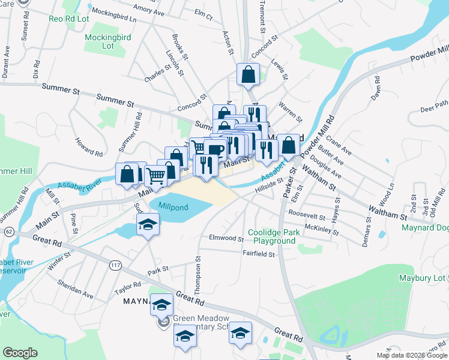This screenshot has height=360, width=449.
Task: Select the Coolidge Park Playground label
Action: [x=274, y=236]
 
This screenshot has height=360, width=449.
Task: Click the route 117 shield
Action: [x=115, y=264]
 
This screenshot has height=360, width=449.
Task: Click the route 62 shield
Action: [x=8, y=230]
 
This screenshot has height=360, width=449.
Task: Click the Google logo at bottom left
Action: [x=20, y=353]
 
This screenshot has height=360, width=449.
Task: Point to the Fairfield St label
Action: [x=259, y=254]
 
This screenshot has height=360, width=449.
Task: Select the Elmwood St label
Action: [x=226, y=238]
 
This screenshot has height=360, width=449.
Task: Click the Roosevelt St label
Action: [x=306, y=214]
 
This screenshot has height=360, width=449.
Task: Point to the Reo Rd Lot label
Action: [x=68, y=18]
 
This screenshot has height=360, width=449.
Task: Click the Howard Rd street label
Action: [x=88, y=146]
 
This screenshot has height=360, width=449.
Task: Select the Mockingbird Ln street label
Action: [x=112, y=14]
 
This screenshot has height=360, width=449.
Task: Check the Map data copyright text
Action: [x=412, y=355]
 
